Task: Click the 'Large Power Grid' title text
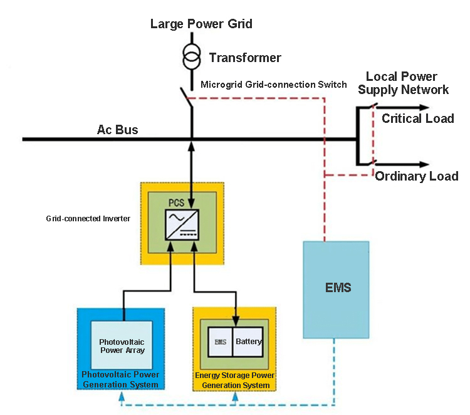201,24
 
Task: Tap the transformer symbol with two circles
191,56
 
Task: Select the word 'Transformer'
245,58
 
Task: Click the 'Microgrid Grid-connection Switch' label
273,84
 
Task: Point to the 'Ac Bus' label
117,130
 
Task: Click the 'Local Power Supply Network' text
402,83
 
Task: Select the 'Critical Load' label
417,118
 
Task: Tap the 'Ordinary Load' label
417,176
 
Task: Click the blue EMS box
336,288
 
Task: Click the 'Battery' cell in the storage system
249,342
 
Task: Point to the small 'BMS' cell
220,342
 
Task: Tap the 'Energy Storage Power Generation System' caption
234,380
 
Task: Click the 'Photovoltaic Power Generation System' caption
120,379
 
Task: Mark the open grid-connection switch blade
186,98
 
